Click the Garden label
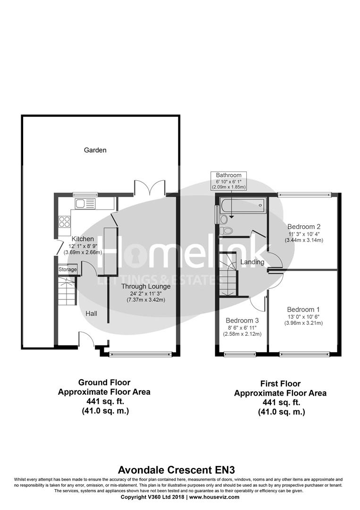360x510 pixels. [x=95, y=150]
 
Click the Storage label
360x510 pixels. [x=67, y=269]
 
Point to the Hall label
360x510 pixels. [x=92, y=313]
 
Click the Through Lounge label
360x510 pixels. [x=146, y=286]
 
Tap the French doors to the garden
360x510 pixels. [x=150, y=188]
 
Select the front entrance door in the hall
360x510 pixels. [x=86, y=339]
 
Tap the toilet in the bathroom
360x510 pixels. [x=225, y=231]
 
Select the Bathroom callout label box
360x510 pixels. [x=228, y=181]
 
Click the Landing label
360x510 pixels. [x=252, y=262]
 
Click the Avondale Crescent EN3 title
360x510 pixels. [x=180, y=470]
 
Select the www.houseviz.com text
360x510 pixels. [x=215, y=497]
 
